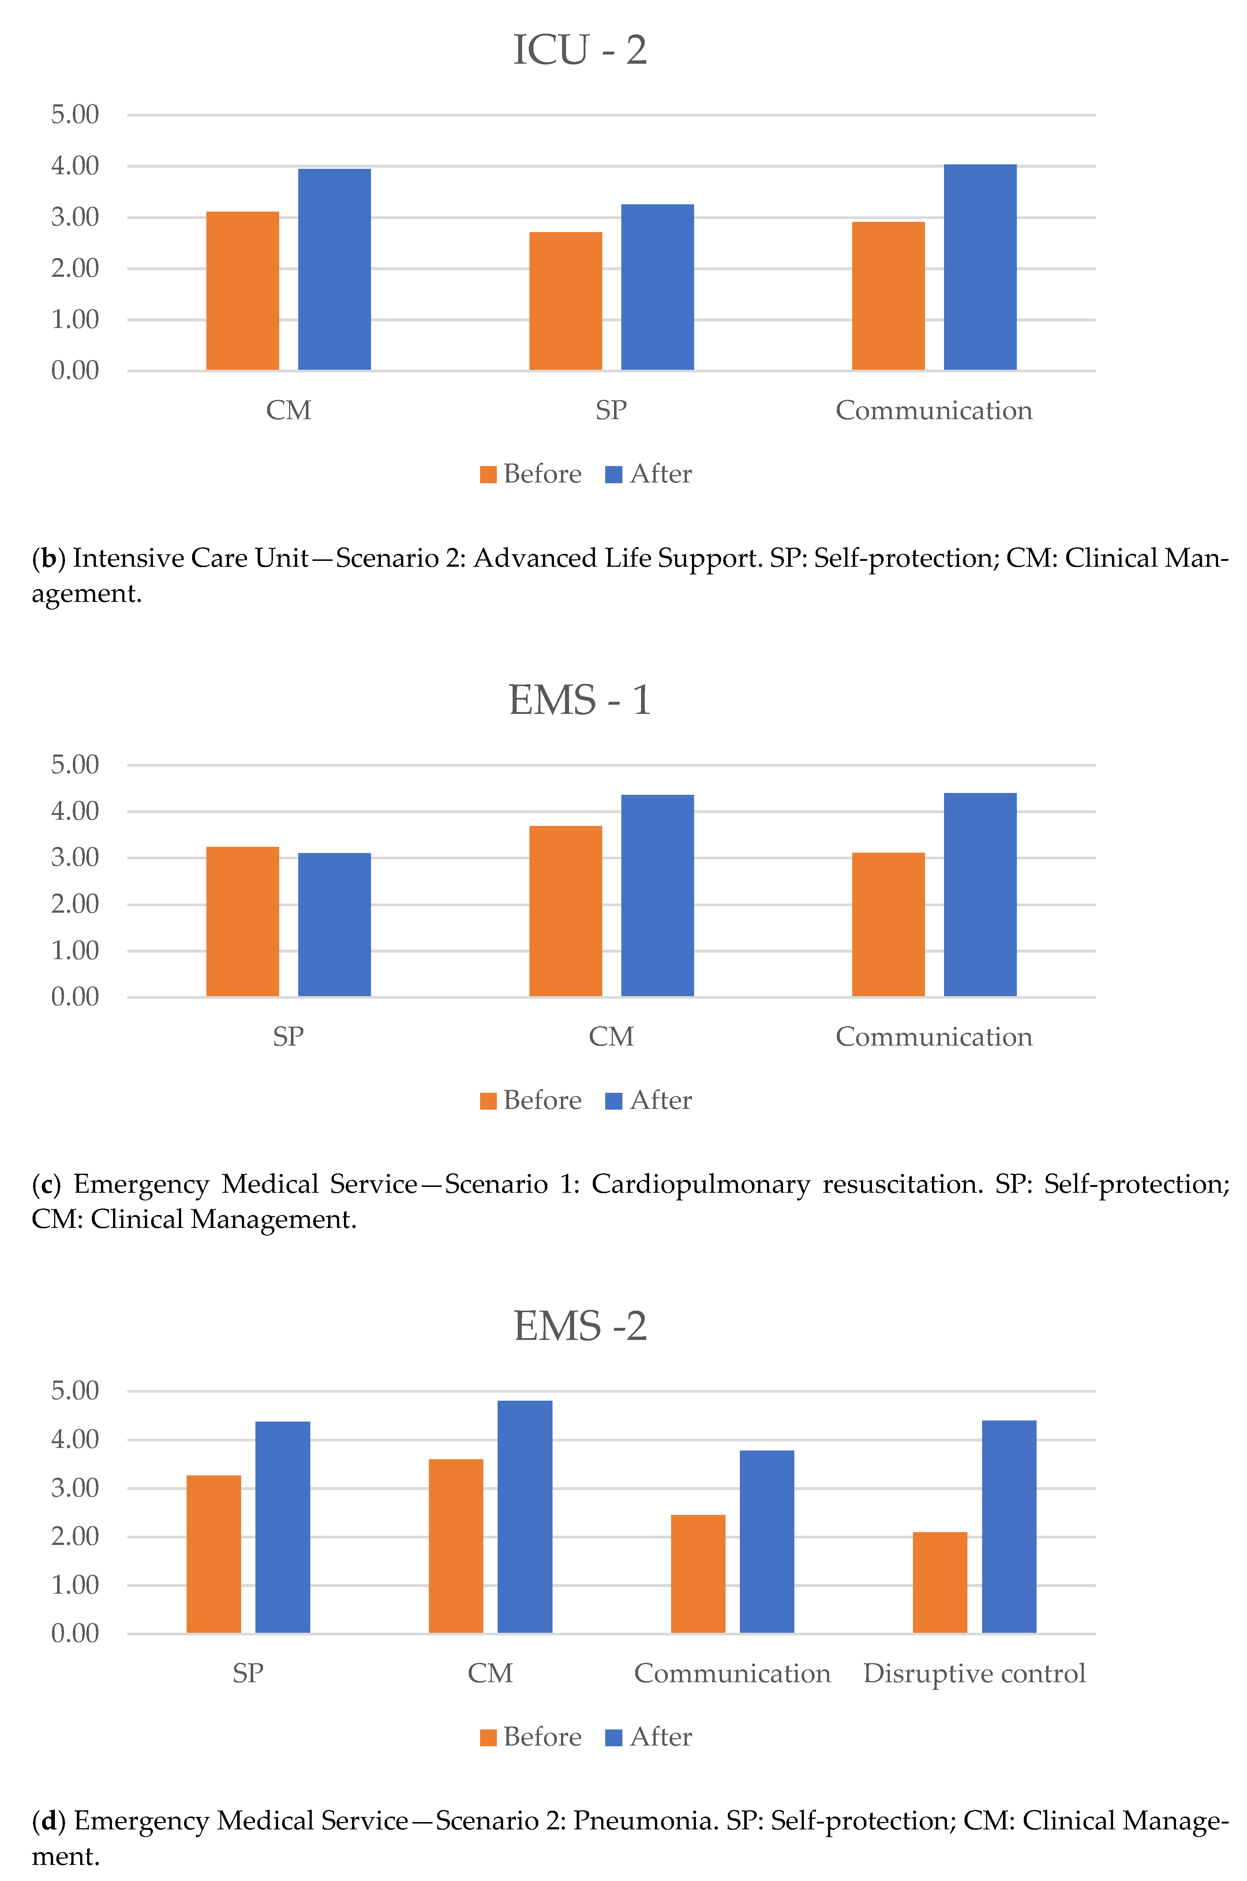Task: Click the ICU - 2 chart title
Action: click(580, 50)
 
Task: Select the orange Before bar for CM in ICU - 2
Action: click(243, 291)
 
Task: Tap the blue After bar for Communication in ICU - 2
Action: click(980, 267)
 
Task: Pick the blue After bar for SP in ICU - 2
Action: click(657, 287)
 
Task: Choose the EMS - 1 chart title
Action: click(580, 700)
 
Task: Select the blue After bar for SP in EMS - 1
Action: click(334, 925)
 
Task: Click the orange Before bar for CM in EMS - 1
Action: click(565, 911)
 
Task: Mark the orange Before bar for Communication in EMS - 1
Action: click(888, 925)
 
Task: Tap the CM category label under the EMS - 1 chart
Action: click(611, 1037)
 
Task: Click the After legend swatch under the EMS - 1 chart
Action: click(613, 1101)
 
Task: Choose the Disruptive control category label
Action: click(974, 1673)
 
